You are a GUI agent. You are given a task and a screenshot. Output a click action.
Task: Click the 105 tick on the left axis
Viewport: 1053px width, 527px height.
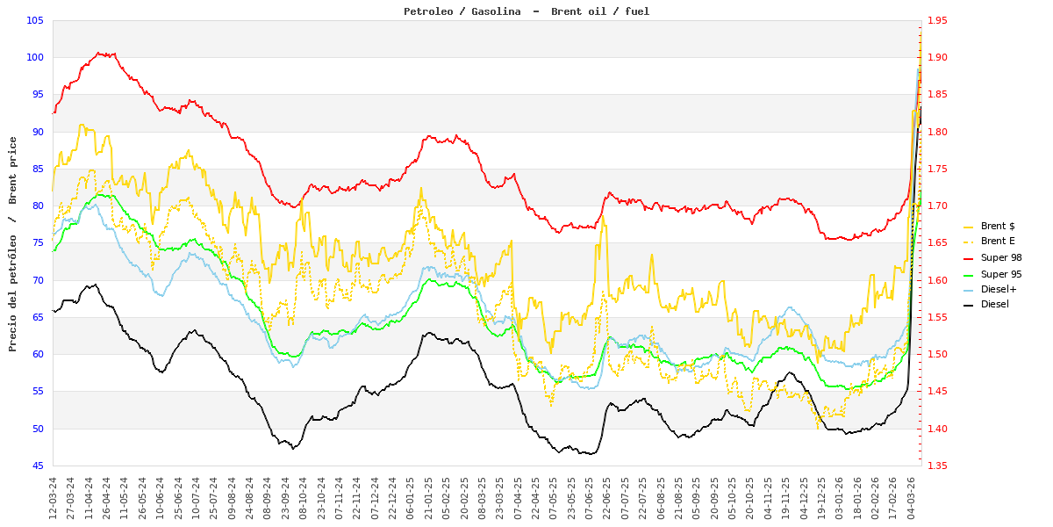pyautogui.click(x=35, y=20)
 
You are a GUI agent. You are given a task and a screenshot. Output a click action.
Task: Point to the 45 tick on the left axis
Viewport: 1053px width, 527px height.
pyautogui.click(x=38, y=466)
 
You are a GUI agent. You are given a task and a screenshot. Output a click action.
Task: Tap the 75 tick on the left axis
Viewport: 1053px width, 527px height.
pyautogui.click(x=38, y=243)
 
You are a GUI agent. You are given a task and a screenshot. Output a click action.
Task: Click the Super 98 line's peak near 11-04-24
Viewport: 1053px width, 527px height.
pyautogui.click(x=100, y=53)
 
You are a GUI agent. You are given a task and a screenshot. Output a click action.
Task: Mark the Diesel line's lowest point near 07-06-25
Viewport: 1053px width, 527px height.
pyautogui.click(x=588, y=454)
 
